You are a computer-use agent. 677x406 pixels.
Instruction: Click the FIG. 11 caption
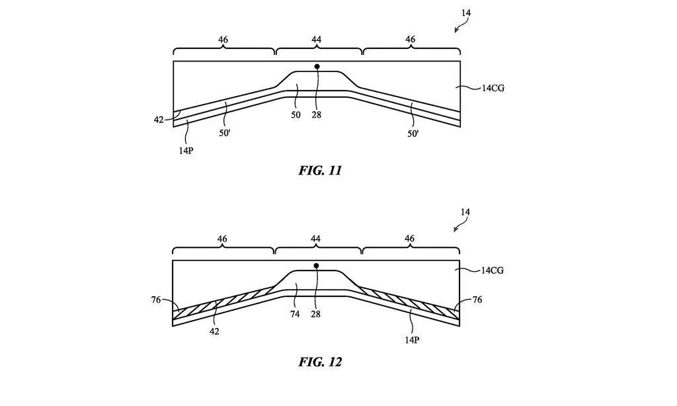[x=320, y=171]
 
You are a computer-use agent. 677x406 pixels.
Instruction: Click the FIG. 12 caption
[x=320, y=362]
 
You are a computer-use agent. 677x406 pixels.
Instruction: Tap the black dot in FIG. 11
[x=317, y=66]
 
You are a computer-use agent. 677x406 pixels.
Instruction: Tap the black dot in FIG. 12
[x=317, y=266]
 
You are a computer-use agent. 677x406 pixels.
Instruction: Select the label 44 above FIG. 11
[x=317, y=40]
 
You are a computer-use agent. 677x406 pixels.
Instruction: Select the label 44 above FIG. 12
[x=317, y=239]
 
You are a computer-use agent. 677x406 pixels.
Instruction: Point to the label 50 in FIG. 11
[x=296, y=114]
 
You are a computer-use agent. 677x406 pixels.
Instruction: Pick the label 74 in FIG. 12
[x=295, y=314]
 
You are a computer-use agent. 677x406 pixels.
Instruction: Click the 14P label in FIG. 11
[x=186, y=149]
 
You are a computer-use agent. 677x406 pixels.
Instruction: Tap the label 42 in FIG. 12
[x=215, y=331]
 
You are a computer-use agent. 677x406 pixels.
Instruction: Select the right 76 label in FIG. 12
[x=477, y=300]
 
